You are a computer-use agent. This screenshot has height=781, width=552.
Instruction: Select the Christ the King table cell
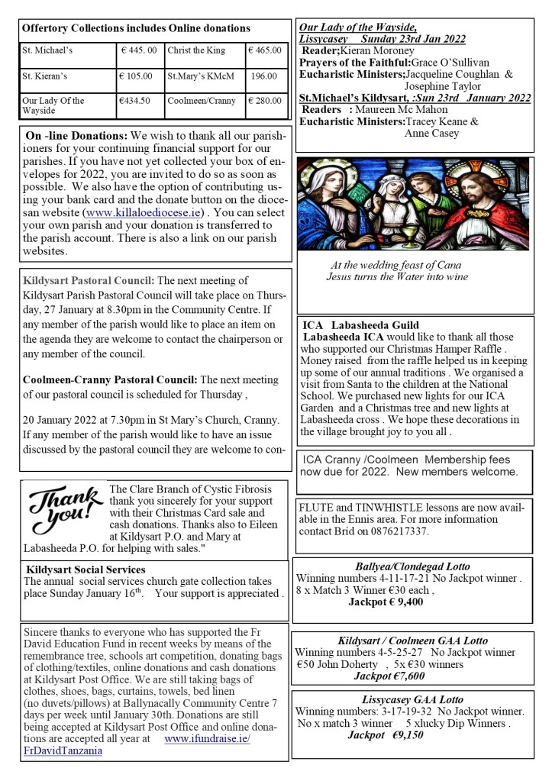(x=195, y=51)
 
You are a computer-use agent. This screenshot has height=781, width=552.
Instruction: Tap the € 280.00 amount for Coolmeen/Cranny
(x=265, y=100)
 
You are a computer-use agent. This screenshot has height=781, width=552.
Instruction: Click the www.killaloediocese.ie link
(x=144, y=212)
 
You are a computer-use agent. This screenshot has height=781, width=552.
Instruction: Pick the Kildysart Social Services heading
(x=86, y=570)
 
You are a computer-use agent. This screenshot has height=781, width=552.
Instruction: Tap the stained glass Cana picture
(x=412, y=205)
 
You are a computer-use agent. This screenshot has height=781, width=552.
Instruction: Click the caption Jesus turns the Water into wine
(x=397, y=277)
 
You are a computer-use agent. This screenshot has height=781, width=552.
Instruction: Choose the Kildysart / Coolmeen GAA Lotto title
(x=412, y=641)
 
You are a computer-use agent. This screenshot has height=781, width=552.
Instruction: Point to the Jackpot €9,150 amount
(x=386, y=735)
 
